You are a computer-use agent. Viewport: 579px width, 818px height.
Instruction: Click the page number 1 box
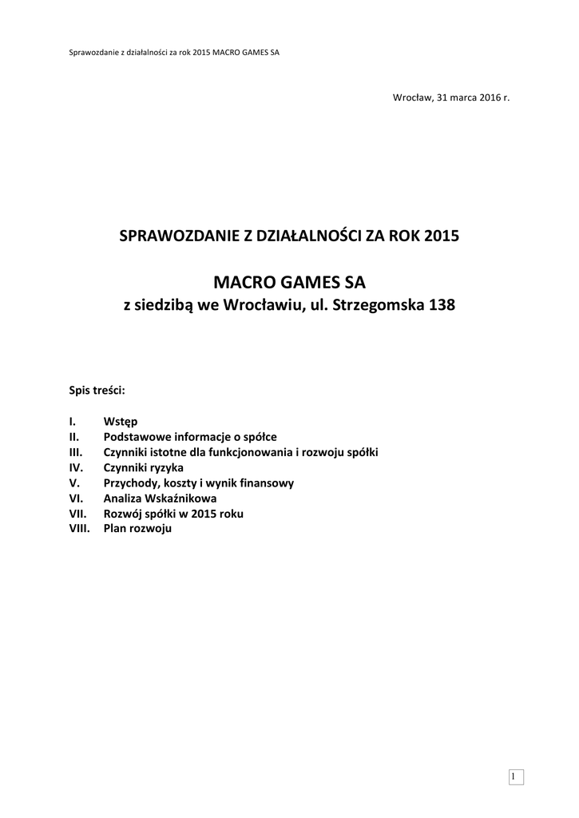[515, 777]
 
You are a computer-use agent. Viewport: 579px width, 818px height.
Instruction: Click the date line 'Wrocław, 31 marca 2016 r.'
[450, 97]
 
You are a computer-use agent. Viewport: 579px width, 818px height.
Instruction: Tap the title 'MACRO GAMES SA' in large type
[289, 282]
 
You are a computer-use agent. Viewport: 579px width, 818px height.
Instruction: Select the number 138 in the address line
[442, 306]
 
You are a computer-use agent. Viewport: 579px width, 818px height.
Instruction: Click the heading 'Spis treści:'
[98, 391]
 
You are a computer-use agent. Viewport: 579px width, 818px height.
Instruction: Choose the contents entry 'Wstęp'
[121, 422]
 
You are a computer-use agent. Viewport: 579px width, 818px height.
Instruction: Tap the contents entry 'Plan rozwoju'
[137, 529]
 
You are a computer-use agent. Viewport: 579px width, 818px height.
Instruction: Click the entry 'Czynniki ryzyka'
[144, 467]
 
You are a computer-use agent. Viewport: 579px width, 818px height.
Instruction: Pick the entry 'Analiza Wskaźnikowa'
[160, 498]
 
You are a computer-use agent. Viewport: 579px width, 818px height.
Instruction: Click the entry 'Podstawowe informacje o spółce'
[190, 437]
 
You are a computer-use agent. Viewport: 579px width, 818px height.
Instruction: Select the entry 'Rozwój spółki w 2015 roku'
[173, 514]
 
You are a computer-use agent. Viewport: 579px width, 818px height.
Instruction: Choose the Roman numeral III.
[77, 452]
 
